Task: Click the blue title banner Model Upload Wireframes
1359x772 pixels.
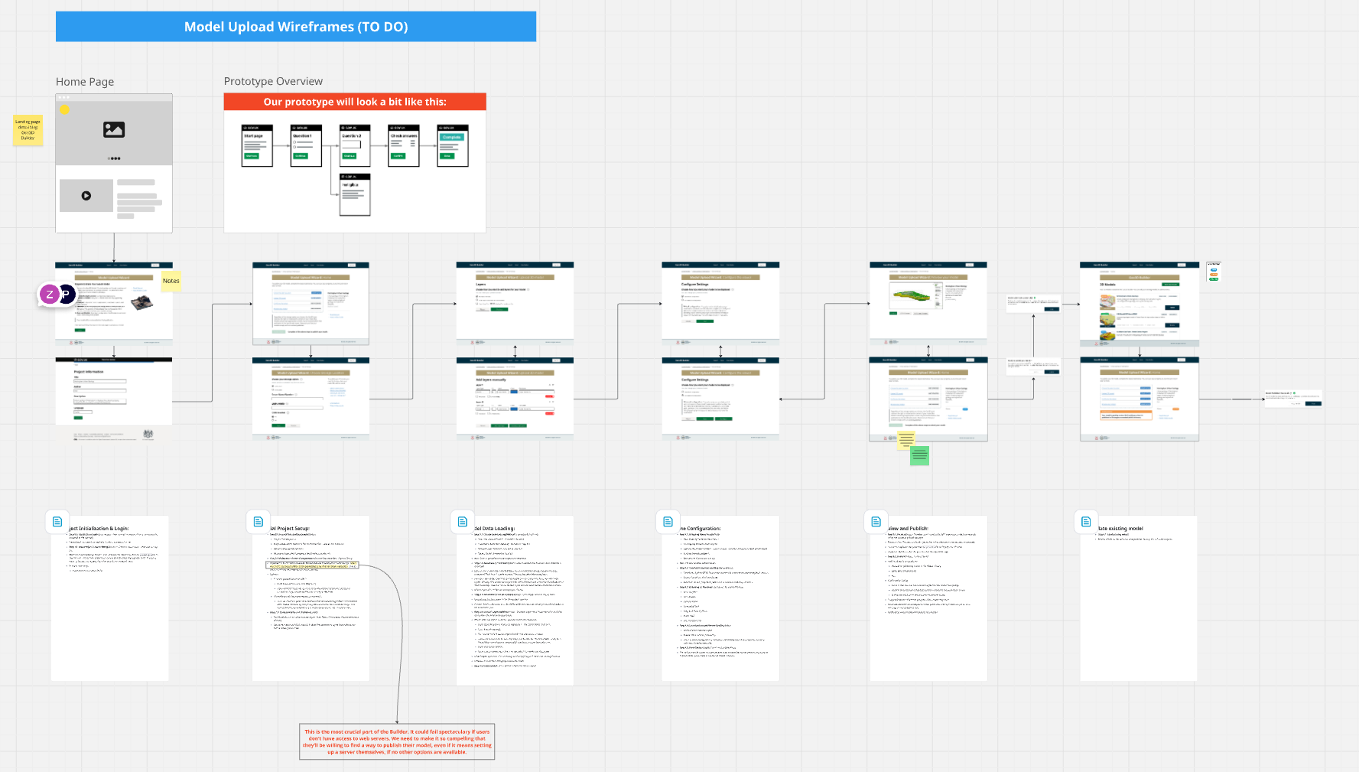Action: coord(296,27)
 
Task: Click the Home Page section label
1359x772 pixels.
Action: coord(85,82)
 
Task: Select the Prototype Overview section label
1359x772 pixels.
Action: coord(273,81)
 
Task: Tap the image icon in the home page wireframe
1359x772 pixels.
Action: coord(114,130)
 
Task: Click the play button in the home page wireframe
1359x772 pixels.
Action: coord(86,196)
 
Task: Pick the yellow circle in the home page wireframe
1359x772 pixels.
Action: coord(65,110)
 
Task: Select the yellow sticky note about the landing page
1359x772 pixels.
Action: coord(28,130)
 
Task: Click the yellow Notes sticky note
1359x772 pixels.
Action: coord(171,281)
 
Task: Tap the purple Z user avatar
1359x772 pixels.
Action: coord(50,294)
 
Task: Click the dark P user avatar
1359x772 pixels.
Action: coord(67,294)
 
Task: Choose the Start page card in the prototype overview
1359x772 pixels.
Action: coord(257,145)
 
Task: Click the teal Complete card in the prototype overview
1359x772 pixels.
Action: coord(453,145)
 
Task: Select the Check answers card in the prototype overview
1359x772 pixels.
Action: coord(404,145)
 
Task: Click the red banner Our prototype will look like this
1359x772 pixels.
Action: coord(355,102)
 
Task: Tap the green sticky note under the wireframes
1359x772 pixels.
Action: coord(919,456)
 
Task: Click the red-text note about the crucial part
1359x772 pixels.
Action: coord(397,741)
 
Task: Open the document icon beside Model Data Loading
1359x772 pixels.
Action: coord(463,522)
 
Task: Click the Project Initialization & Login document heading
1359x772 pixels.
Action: coord(99,529)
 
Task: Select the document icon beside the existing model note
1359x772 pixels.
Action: coord(1086,522)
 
